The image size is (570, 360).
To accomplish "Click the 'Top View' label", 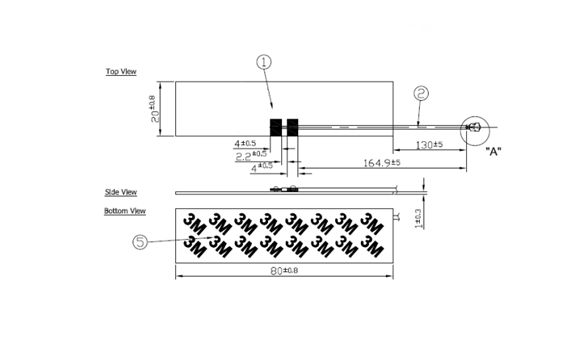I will click(x=122, y=72).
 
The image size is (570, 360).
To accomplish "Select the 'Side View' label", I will click(x=122, y=192).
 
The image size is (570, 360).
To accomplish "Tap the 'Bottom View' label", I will click(x=126, y=211).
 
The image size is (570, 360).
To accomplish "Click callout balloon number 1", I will click(x=264, y=62).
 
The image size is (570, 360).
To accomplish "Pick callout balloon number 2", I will click(x=421, y=93).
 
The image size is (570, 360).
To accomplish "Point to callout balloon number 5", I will click(x=140, y=240).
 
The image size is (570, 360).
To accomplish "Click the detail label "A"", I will click(x=492, y=151).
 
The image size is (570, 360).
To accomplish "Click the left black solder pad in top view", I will click(x=275, y=127).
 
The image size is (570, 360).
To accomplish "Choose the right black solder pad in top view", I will click(x=293, y=127).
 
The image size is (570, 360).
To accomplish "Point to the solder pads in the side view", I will click(x=287, y=188).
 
